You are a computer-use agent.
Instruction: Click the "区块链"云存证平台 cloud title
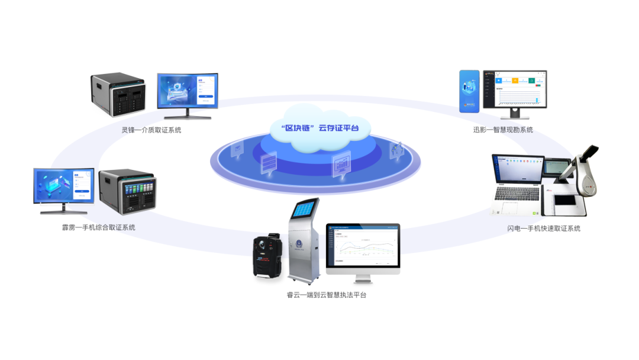pyautogui.click(x=319, y=128)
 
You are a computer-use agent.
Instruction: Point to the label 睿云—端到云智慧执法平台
pyautogui.click(x=327, y=294)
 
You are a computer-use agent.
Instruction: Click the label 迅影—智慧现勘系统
pyautogui.click(x=503, y=130)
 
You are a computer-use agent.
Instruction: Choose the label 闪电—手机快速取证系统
pyautogui.click(x=544, y=228)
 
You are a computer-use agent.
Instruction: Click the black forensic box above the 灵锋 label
pyautogui.click(x=118, y=95)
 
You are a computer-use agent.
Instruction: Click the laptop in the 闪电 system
pyautogui.click(x=517, y=181)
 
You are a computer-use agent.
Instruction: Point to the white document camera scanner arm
pyautogui.click(x=582, y=172)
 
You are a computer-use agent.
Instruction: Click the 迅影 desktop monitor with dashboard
pyautogui.click(x=514, y=89)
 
